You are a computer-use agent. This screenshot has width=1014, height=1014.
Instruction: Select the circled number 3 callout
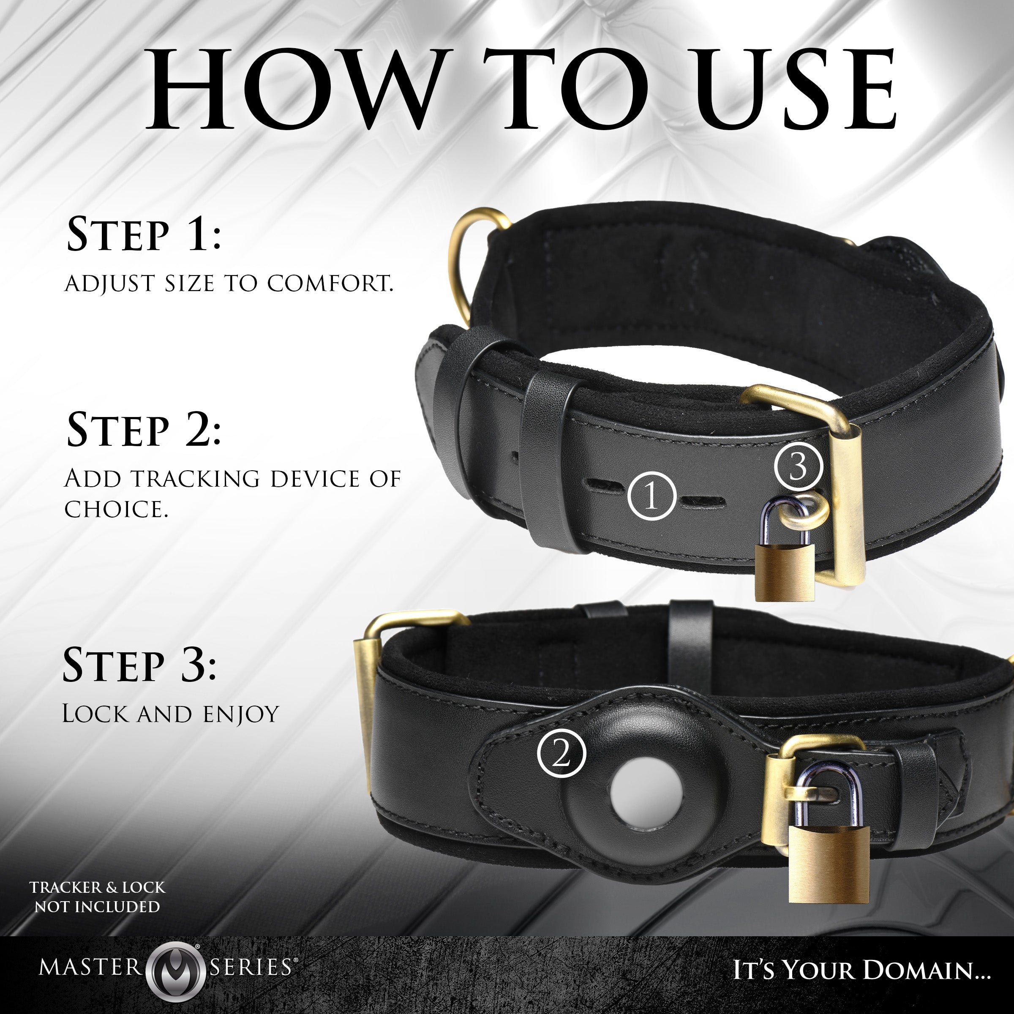pos(798,466)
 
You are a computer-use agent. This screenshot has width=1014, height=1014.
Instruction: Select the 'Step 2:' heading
pos(144,431)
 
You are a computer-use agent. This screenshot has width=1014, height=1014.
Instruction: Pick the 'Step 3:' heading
pos(139,665)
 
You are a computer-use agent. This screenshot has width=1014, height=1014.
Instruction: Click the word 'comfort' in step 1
pos(330,283)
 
